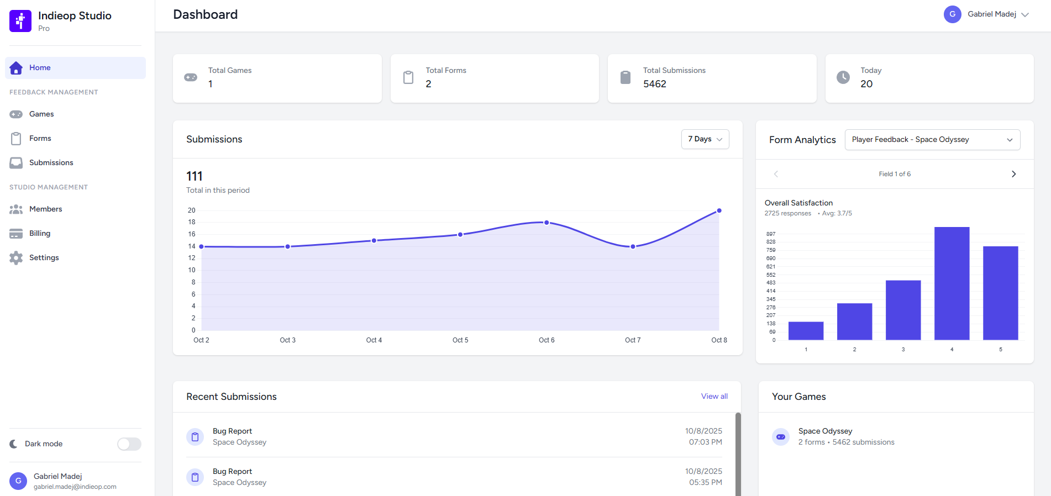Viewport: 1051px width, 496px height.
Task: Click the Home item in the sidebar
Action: pyautogui.click(x=40, y=67)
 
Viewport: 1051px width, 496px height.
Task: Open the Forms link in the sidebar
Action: pyautogui.click(x=40, y=138)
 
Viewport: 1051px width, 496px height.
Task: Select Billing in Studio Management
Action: pyautogui.click(x=39, y=233)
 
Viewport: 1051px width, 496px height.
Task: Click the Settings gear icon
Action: pyautogui.click(x=16, y=258)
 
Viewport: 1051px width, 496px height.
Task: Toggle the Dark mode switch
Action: pyautogui.click(x=129, y=444)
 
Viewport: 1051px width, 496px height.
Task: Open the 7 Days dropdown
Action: pyautogui.click(x=705, y=139)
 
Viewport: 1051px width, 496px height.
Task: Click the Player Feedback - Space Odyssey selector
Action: pyautogui.click(x=932, y=140)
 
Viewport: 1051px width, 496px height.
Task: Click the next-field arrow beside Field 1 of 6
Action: pyautogui.click(x=1013, y=174)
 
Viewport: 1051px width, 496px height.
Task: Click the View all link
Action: pyautogui.click(x=714, y=396)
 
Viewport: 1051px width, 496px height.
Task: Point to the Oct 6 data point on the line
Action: pyautogui.click(x=546, y=223)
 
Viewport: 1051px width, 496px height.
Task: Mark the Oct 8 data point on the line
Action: pyautogui.click(x=719, y=210)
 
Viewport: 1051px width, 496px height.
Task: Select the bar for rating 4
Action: pyautogui.click(x=952, y=283)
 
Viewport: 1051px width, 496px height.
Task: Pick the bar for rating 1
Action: pyautogui.click(x=806, y=330)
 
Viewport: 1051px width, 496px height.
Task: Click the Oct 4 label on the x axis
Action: pyautogui.click(x=374, y=340)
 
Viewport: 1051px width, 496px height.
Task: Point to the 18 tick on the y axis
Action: pyautogui.click(x=191, y=222)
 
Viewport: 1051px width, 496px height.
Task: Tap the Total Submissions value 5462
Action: pyautogui.click(x=654, y=84)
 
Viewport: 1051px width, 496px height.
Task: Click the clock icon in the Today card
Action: pyautogui.click(x=843, y=77)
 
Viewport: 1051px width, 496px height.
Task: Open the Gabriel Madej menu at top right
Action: pyautogui.click(x=986, y=14)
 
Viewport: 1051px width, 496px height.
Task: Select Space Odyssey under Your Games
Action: pyautogui.click(x=825, y=431)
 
